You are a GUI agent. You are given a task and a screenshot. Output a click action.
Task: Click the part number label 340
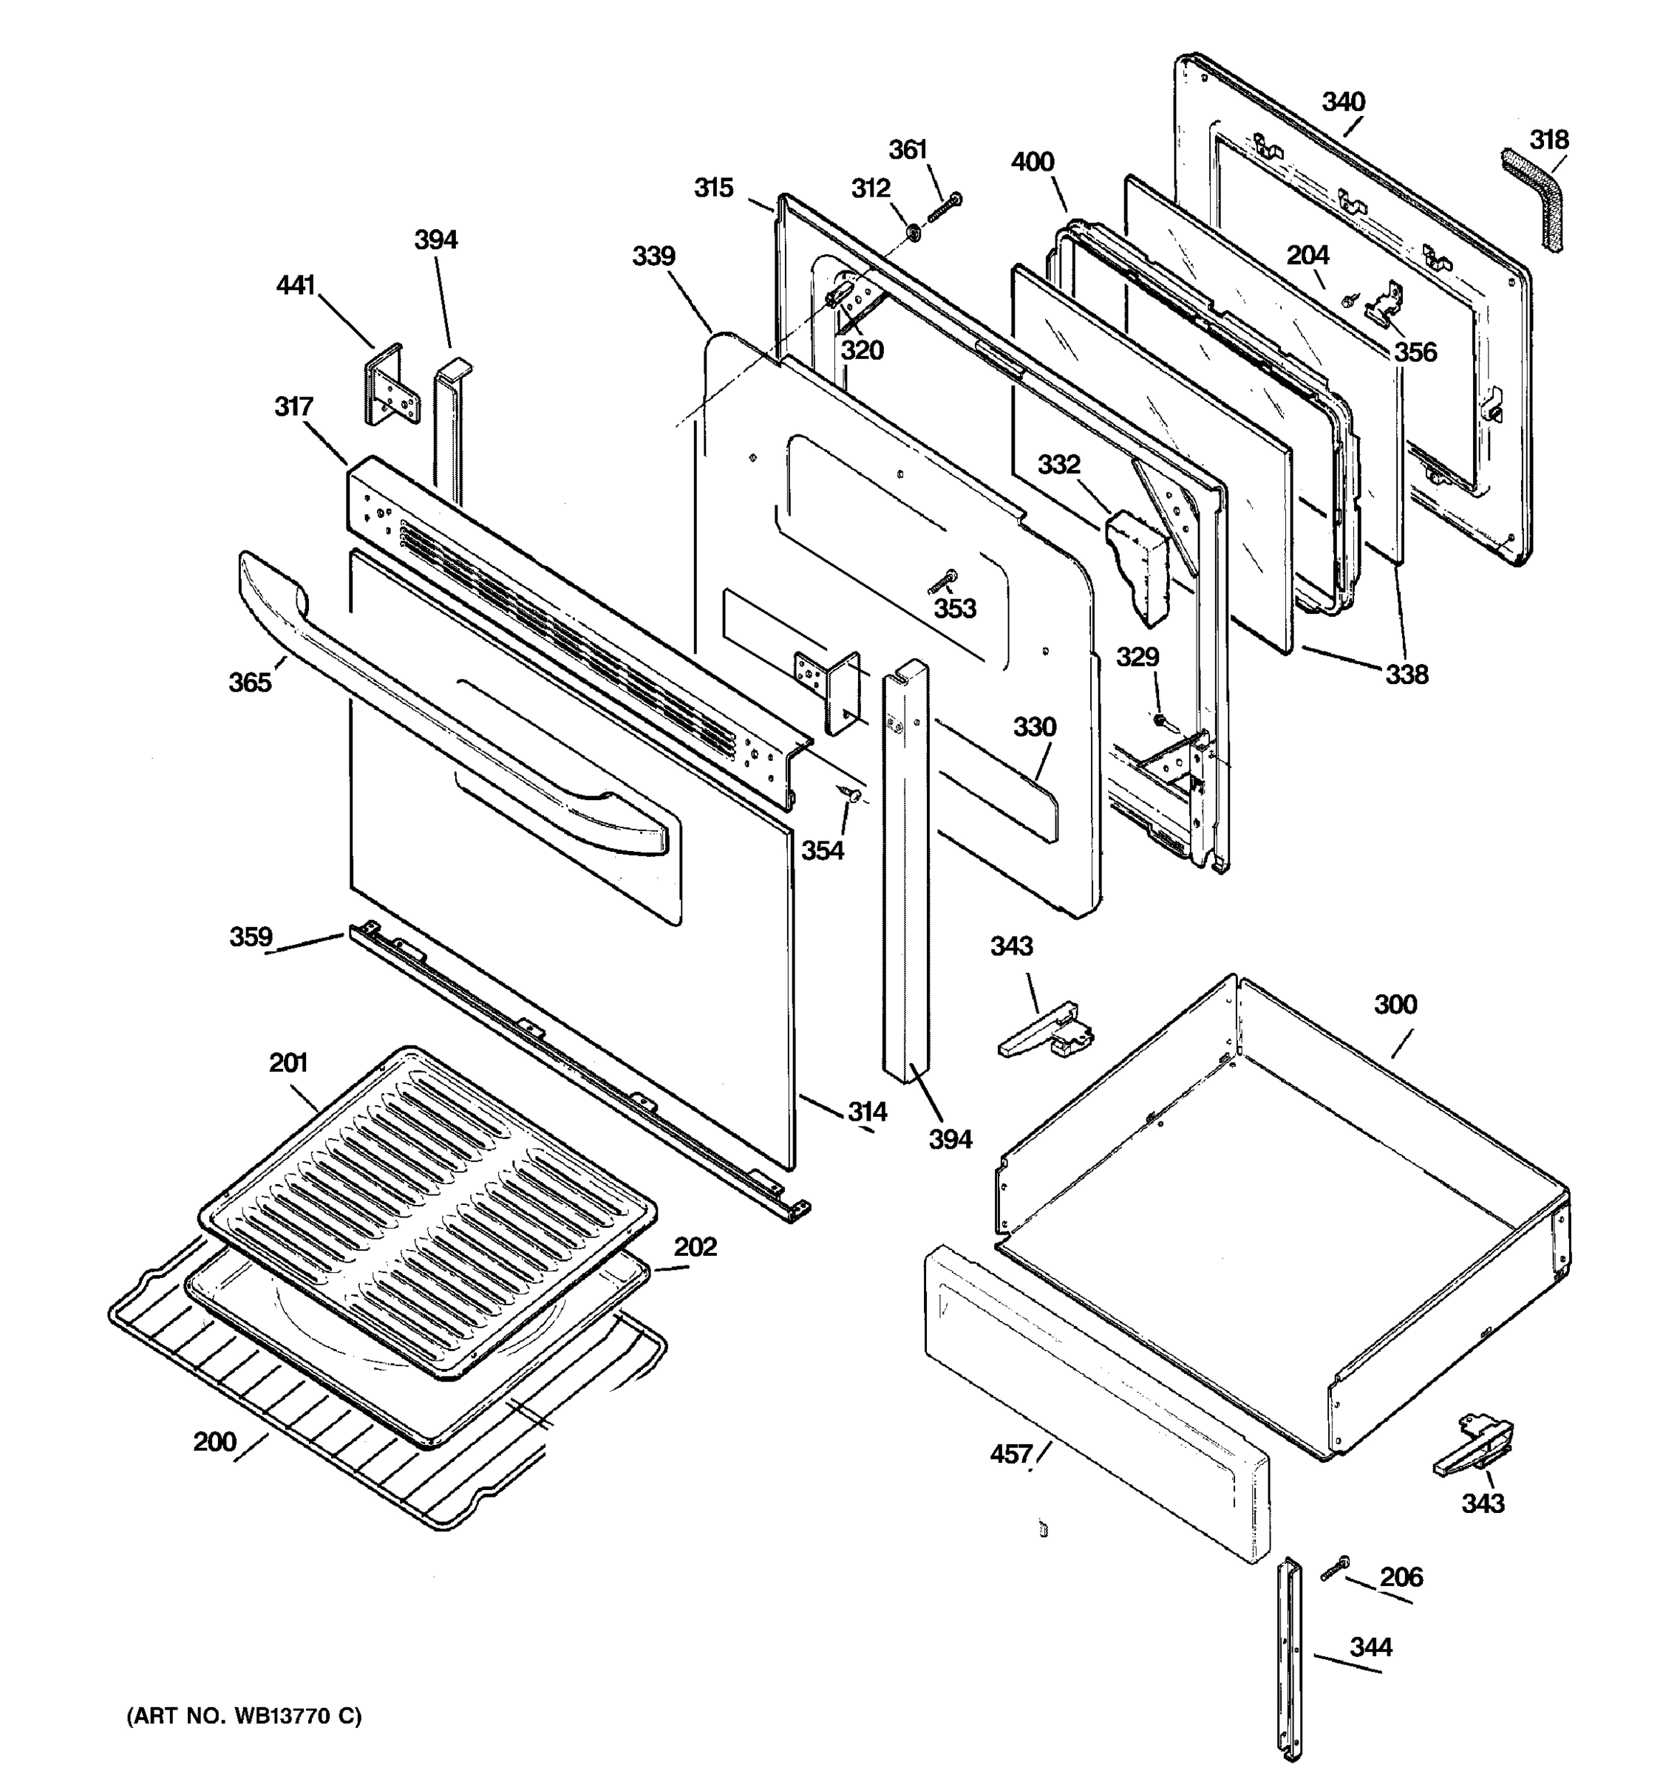[x=1343, y=102]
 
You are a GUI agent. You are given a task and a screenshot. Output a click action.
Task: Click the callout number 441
[x=296, y=285]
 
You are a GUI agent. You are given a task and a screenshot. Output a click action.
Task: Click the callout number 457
[x=1011, y=1455]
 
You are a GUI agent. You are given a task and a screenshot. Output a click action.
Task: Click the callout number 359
[x=251, y=937]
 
